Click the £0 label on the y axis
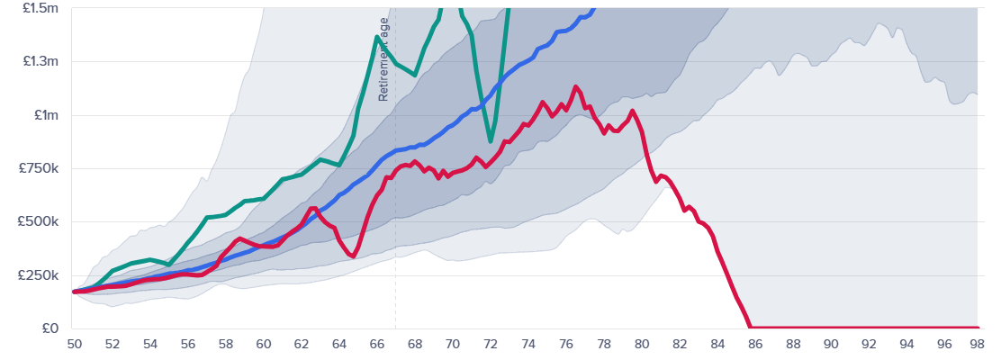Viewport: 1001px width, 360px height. pyautogui.click(x=50, y=328)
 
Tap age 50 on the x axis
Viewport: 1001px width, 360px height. pyautogui.click(x=74, y=344)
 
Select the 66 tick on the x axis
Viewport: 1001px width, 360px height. pyautogui.click(x=376, y=344)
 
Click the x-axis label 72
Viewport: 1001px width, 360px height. pyautogui.click(x=490, y=344)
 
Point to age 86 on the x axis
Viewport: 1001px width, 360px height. pyautogui.click(x=754, y=344)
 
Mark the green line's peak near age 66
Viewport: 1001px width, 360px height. pyautogui.click(x=376, y=37)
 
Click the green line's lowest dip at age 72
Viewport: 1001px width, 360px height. pyautogui.click(x=490, y=141)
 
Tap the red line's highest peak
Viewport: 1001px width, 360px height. pyautogui.click(x=575, y=86)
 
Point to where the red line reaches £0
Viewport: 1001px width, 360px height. pyautogui.click(x=751, y=328)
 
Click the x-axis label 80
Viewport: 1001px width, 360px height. pyautogui.click(x=641, y=344)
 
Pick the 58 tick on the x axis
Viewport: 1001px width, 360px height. pyautogui.click(x=225, y=344)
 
